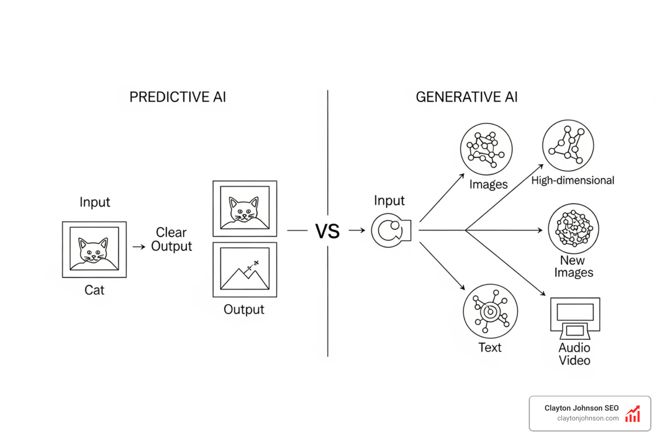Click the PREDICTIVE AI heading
pyautogui.click(x=178, y=97)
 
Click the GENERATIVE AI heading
pyautogui.click(x=467, y=97)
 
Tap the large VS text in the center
pyautogui.click(x=327, y=231)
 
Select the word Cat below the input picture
pyautogui.click(x=94, y=290)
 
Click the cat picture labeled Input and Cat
pyautogui.click(x=94, y=249)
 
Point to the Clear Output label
pyautogui.click(x=172, y=239)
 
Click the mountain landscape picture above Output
pyautogui.click(x=245, y=269)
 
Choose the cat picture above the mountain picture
pyautogui.click(x=245, y=208)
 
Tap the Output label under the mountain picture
pyautogui.click(x=244, y=309)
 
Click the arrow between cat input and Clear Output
pyautogui.click(x=139, y=247)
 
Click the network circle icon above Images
pyautogui.click(x=486, y=149)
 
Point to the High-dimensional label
pyautogui.click(x=573, y=181)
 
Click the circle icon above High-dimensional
pyautogui.click(x=568, y=145)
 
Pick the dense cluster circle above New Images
pyautogui.click(x=574, y=229)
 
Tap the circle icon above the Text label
pyautogui.click(x=490, y=311)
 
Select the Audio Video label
pyautogui.click(x=574, y=354)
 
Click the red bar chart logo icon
pyautogui.click(x=633, y=414)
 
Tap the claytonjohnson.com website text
pyautogui.click(x=588, y=418)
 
